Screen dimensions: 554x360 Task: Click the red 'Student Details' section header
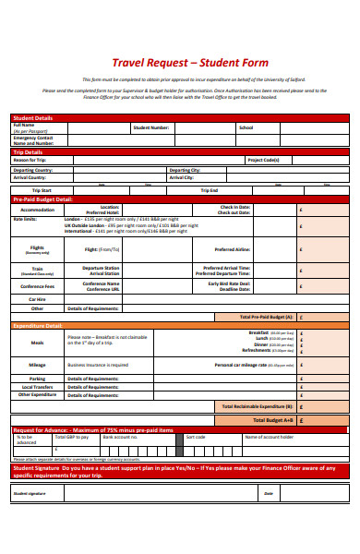tap(32, 118)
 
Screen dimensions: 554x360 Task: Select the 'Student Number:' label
tap(150, 127)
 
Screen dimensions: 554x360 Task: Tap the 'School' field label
tap(246, 127)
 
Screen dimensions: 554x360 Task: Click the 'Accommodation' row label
tap(37, 210)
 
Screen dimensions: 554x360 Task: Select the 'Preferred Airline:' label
tap(232, 249)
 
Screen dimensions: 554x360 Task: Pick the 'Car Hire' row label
tap(37, 298)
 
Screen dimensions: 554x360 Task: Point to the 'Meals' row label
tap(37, 342)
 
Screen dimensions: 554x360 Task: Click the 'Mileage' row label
tap(37, 365)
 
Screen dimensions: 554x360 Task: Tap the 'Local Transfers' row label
tap(37, 386)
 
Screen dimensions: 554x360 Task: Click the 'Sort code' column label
tap(196, 437)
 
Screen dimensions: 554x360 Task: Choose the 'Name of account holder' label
tap(268, 437)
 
